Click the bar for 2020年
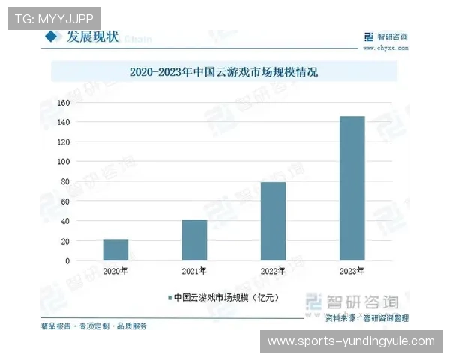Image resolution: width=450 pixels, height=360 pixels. (x=115, y=250)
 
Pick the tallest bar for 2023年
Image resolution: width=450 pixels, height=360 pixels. (x=352, y=188)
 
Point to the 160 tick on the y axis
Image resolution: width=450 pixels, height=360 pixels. (x=63, y=103)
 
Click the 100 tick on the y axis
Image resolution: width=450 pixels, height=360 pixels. (x=63, y=162)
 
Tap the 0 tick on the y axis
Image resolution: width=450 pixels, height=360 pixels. (x=67, y=261)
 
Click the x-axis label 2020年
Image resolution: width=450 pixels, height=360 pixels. (x=115, y=271)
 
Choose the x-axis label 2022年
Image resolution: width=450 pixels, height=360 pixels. (x=273, y=271)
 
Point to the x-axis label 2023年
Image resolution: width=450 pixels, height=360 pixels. (x=352, y=271)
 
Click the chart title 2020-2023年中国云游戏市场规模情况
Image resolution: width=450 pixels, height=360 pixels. (x=224, y=73)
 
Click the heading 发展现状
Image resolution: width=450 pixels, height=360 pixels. (x=92, y=37)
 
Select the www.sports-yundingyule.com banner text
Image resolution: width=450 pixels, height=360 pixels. (x=351, y=341)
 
